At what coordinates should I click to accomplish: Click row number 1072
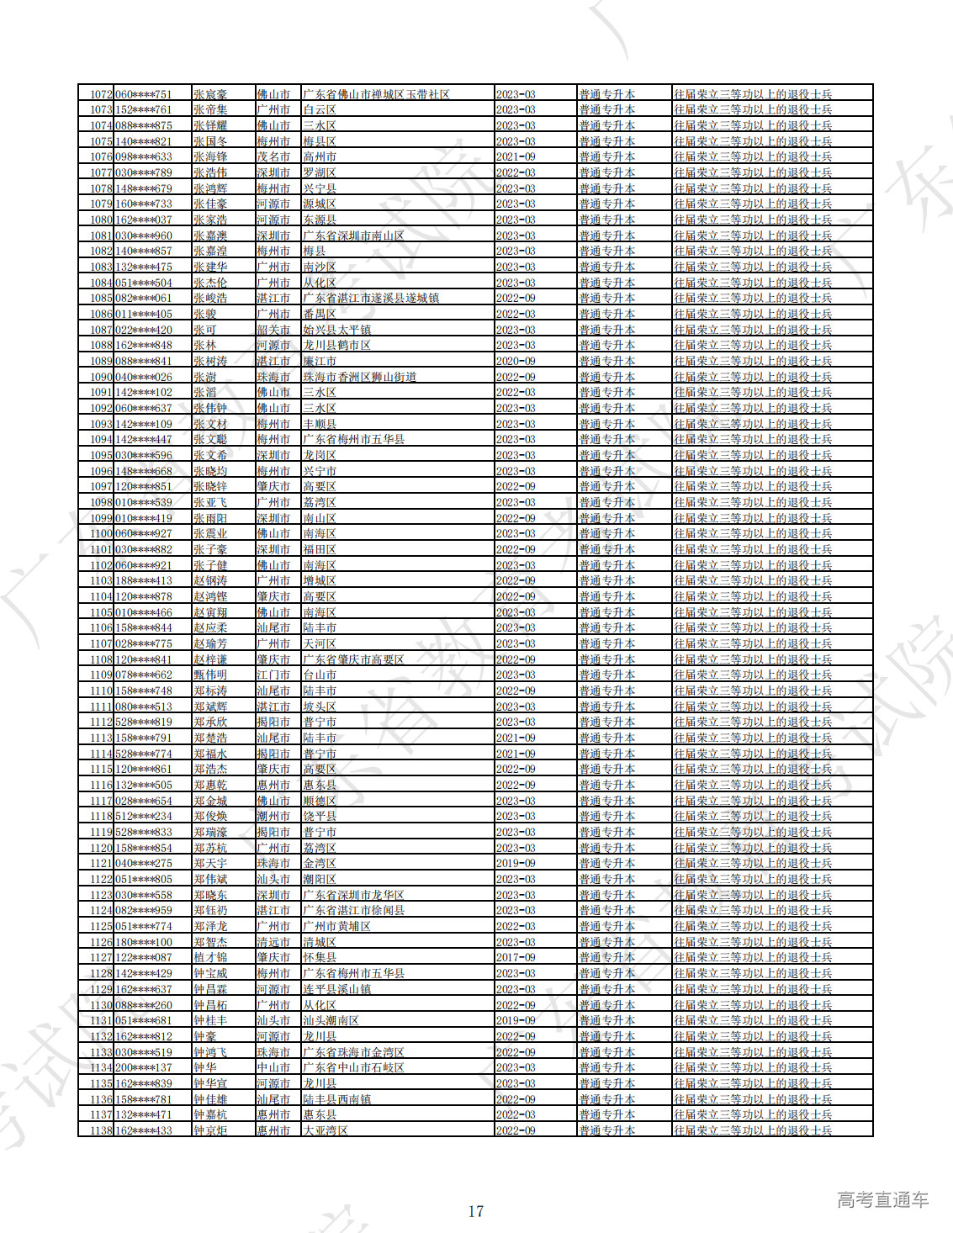pos(101,94)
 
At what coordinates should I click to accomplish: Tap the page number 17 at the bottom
pos(476,1211)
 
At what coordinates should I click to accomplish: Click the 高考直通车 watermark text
pos(882,1200)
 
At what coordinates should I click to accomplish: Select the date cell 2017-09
pos(516,958)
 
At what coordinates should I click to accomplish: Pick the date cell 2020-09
pos(516,362)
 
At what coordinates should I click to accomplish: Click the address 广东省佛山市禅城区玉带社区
pos(376,94)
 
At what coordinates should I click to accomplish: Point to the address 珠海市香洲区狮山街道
pos(360,377)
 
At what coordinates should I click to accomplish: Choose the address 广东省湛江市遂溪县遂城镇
pos(371,299)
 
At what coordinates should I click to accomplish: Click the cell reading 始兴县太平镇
pos(337,330)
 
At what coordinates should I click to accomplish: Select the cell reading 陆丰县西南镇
pos(337,1099)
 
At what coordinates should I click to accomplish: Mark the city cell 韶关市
pos(273,330)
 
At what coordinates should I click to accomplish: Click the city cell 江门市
pos(273,675)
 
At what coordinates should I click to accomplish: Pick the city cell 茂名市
pos(273,157)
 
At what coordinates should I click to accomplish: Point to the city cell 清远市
pos(273,942)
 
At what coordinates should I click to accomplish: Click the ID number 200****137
pos(144,1068)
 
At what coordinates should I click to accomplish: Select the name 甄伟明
pos(210,675)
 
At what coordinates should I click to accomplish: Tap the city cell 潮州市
pos(273,817)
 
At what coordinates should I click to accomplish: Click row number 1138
pos(101,1130)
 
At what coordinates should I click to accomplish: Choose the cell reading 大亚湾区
pos(326,1130)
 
